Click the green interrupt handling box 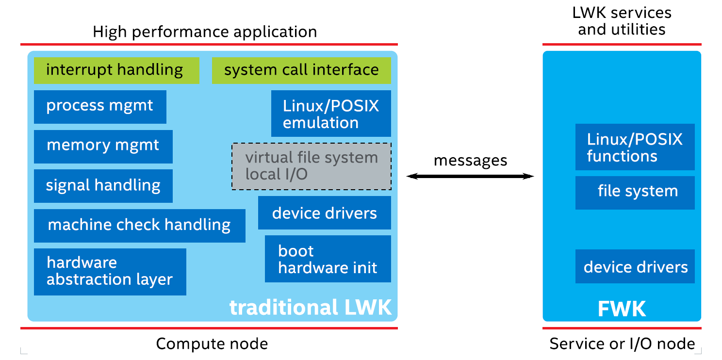[116, 70]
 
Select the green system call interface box [301, 70]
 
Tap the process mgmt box [100, 107]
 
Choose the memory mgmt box [103, 147]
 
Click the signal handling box [103, 186]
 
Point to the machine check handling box [139, 226]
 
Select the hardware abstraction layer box [110, 272]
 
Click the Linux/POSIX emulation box [331, 114]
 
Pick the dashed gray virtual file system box [312, 166]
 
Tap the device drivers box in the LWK [324, 213]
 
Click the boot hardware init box [328, 259]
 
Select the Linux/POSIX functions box [635, 147]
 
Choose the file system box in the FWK [635, 193]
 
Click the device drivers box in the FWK [635, 266]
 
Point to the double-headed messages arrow [470, 177]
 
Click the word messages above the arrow [470, 161]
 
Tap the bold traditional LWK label [310, 308]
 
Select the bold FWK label [622, 309]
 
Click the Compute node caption [212, 344]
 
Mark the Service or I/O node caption [622, 344]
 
